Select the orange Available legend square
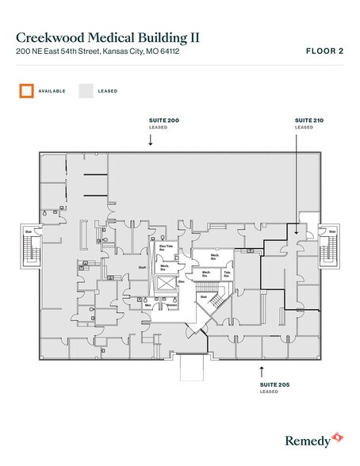(26, 90)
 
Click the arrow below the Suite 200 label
(150, 139)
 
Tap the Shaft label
(143, 268)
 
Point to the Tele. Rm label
(227, 273)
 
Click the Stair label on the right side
(331, 231)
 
